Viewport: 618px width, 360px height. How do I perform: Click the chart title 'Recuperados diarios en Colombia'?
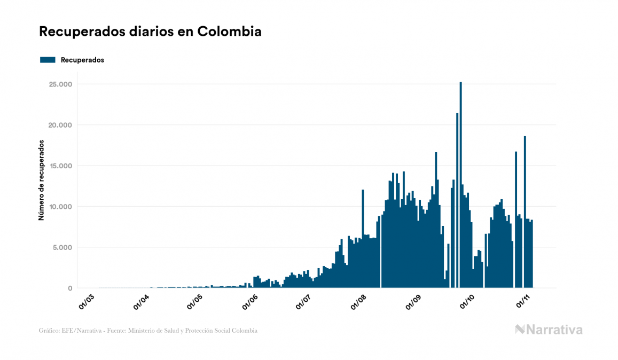point(150,32)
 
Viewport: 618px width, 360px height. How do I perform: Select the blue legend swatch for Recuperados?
point(48,60)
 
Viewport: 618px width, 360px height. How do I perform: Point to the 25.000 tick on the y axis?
point(60,84)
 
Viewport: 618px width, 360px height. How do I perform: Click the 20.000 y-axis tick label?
point(60,125)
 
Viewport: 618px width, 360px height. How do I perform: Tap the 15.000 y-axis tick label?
point(60,166)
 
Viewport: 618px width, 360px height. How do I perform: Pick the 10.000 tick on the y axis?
point(60,207)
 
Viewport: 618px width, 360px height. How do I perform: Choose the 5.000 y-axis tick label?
point(62,247)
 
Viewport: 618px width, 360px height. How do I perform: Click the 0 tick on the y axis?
point(69,288)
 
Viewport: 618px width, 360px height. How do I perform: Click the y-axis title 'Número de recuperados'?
point(41,181)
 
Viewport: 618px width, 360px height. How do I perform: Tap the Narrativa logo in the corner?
point(549,330)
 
